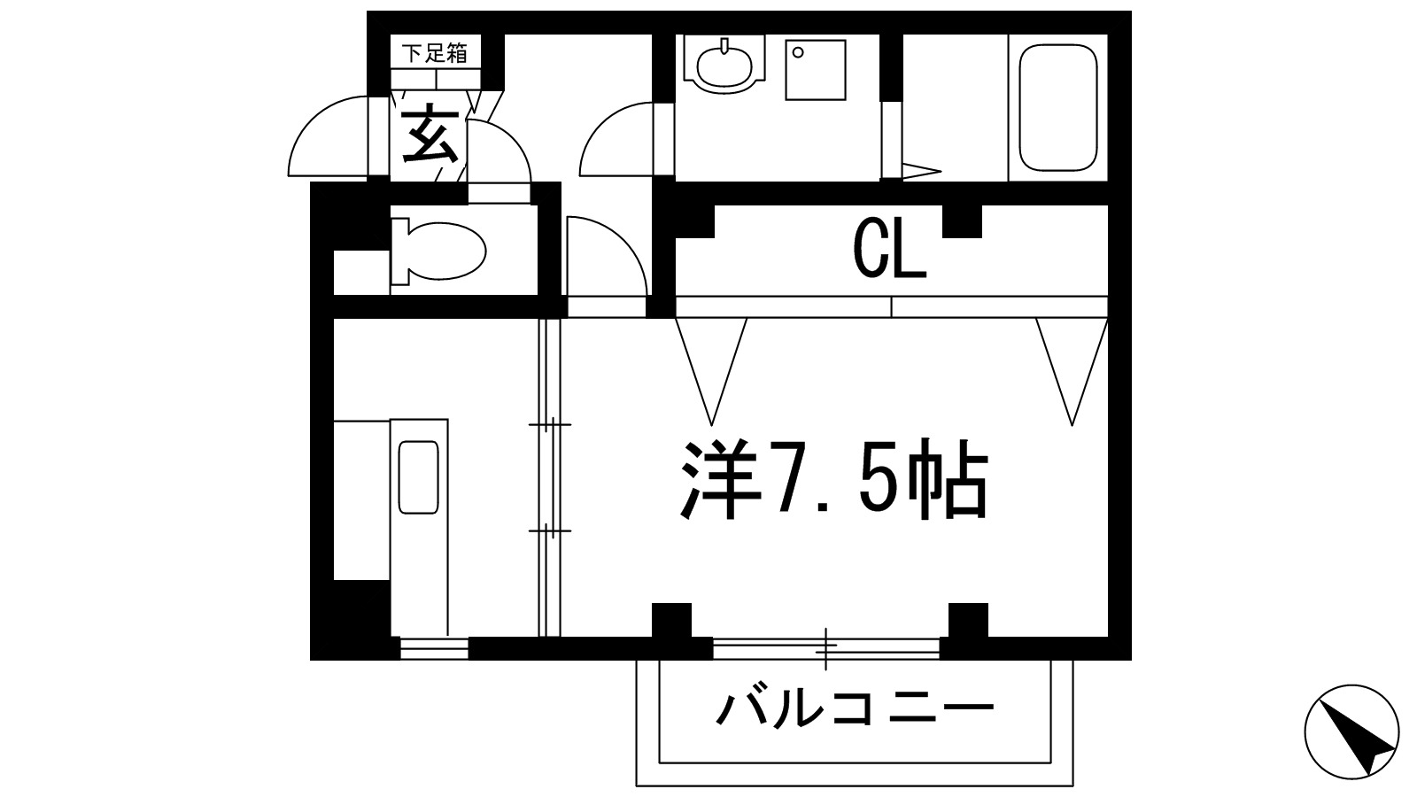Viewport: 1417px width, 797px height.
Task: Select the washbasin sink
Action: [724, 65]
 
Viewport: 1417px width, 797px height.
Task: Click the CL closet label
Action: [889, 249]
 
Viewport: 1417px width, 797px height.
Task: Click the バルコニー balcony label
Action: [855, 708]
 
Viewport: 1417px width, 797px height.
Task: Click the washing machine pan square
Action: [816, 69]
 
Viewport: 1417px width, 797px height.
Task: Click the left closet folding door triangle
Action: [711, 363]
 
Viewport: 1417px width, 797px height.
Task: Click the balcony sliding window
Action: [825, 650]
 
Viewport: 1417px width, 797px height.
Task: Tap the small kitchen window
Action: [433, 649]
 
